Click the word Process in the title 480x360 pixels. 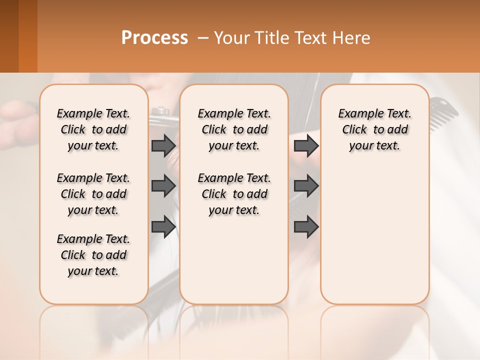click(x=154, y=38)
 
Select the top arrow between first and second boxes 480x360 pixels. click(x=163, y=146)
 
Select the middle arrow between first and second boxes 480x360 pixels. click(x=163, y=186)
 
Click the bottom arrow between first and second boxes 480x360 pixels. click(x=163, y=226)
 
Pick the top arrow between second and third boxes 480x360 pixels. click(x=306, y=146)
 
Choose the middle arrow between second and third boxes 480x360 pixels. click(x=306, y=186)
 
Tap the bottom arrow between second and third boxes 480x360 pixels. click(x=306, y=226)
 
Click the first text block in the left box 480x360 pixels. click(x=93, y=129)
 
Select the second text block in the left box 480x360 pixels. click(x=93, y=194)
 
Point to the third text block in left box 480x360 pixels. click(x=93, y=255)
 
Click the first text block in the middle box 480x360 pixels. click(x=234, y=129)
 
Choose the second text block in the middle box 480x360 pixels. click(x=234, y=194)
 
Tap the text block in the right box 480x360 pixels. click(x=374, y=129)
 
